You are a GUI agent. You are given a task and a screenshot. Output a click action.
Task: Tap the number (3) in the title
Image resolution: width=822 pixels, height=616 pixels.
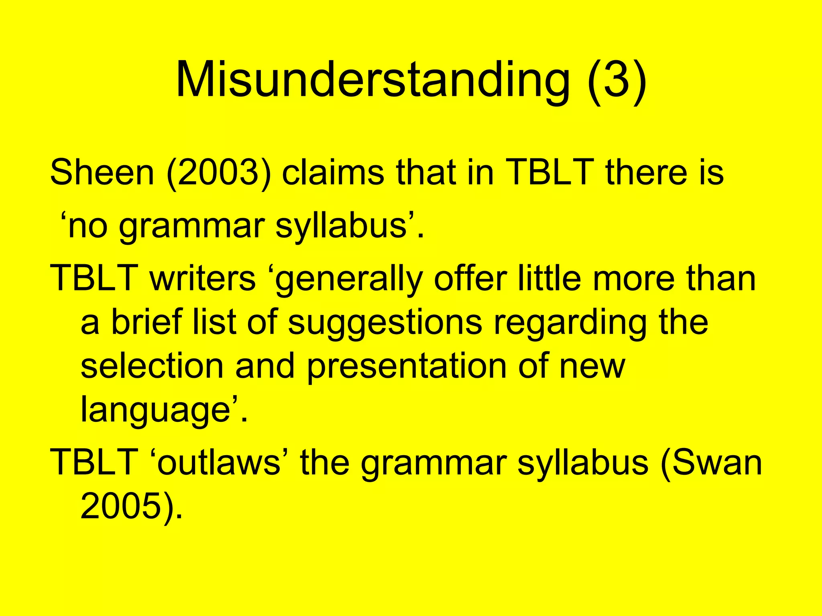617,80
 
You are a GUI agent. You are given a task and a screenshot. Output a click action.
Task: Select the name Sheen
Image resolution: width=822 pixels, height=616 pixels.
102,172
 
